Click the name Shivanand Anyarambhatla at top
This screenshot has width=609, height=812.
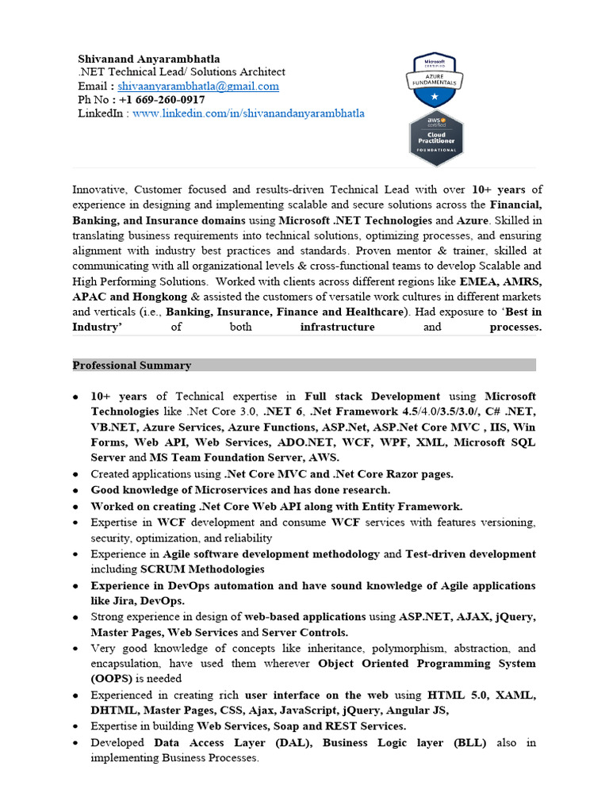(149, 59)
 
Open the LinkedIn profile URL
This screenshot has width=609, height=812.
(248, 113)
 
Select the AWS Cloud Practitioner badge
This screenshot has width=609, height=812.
(436, 139)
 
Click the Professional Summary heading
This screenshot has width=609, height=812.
(132, 366)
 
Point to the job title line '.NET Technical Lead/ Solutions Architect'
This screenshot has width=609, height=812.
(181, 72)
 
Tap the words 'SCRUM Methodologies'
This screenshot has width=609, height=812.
(202, 569)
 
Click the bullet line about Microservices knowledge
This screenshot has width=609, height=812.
(240, 490)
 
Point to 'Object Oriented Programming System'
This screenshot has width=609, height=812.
(427, 663)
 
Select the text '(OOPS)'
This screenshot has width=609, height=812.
(111, 679)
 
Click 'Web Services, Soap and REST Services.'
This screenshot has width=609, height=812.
(301, 726)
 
